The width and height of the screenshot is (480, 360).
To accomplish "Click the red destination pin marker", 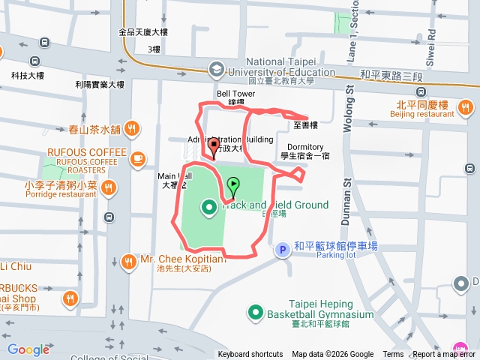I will click(x=214, y=145).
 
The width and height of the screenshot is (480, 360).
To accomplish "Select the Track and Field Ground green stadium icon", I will click(x=207, y=205).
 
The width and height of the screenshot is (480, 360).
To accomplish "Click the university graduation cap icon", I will click(x=216, y=68).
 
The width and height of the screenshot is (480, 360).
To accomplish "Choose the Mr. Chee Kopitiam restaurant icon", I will click(x=128, y=260).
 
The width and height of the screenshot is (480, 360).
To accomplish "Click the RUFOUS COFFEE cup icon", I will click(x=137, y=158).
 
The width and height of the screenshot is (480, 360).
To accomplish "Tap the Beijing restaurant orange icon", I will click(x=466, y=109).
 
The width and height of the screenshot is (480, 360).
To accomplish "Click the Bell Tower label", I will click(x=236, y=94).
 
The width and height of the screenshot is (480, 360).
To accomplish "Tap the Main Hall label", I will click(x=177, y=176).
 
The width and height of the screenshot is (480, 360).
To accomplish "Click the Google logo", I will click(x=28, y=349).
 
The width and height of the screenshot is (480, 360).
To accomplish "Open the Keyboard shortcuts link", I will click(x=250, y=355).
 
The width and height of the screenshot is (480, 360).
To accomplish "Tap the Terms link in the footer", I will click(x=393, y=355).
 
